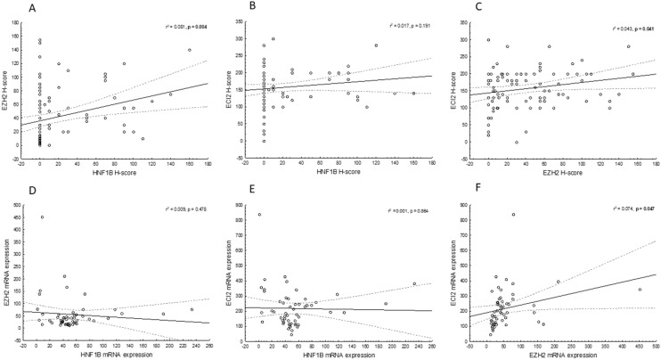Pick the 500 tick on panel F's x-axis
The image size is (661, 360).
[656, 344]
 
